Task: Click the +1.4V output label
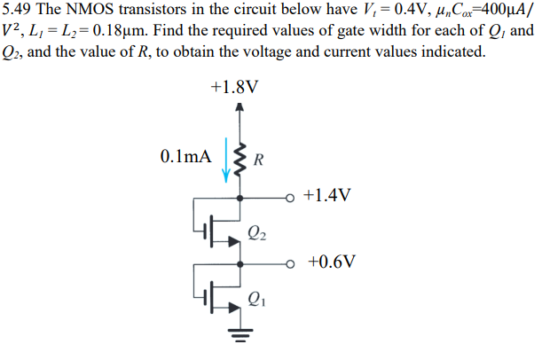pos(327,195)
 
